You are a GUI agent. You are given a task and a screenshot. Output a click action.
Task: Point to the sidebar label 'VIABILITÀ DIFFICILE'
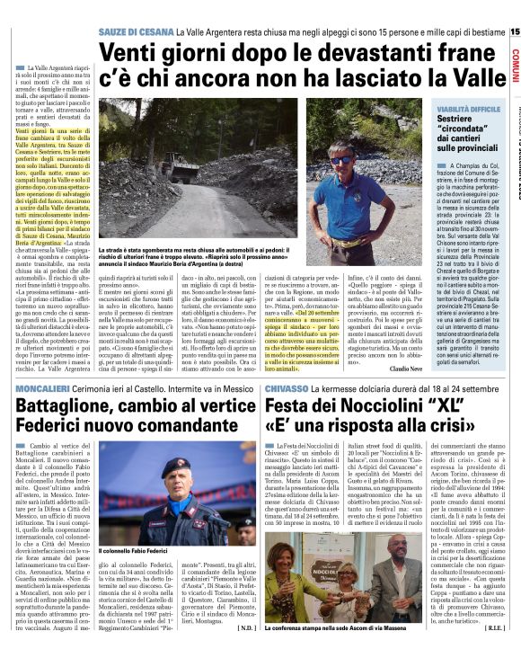point(467,108)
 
